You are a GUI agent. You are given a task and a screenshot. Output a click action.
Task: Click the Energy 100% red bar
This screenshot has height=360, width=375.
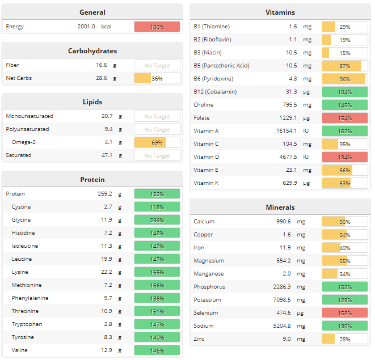point(157,27)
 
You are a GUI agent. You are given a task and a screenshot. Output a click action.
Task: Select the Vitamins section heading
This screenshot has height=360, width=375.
point(280,12)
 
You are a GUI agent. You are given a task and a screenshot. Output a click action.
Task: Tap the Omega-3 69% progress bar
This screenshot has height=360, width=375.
point(157,142)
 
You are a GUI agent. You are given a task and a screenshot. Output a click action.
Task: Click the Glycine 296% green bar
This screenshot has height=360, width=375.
point(157,220)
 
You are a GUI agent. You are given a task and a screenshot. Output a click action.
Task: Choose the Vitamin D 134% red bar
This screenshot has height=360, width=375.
point(344,157)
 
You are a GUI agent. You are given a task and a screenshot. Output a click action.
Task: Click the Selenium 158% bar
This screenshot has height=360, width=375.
point(344,313)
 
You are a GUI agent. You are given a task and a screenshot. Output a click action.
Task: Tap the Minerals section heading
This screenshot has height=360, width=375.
point(280,207)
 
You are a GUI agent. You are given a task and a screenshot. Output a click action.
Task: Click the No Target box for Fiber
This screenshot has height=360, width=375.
point(157,65)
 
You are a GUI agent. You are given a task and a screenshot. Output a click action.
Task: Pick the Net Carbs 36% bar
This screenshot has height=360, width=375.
point(157,78)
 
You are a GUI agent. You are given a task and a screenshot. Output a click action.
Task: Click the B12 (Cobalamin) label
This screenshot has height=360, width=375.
point(215,92)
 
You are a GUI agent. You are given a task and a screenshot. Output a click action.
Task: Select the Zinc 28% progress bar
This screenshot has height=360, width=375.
point(344,339)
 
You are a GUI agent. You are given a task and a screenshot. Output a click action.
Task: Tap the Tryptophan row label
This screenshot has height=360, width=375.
point(27,324)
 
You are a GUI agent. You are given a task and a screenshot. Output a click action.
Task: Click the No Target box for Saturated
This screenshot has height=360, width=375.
point(157,155)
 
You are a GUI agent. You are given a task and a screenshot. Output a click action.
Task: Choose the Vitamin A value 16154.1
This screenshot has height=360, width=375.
point(283,131)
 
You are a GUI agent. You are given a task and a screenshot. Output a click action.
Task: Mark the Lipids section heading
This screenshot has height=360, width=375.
point(92,102)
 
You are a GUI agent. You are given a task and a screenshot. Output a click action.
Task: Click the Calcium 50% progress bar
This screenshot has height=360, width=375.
point(344,222)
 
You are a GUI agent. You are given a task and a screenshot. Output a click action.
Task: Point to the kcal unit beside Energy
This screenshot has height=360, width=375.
point(106,27)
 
